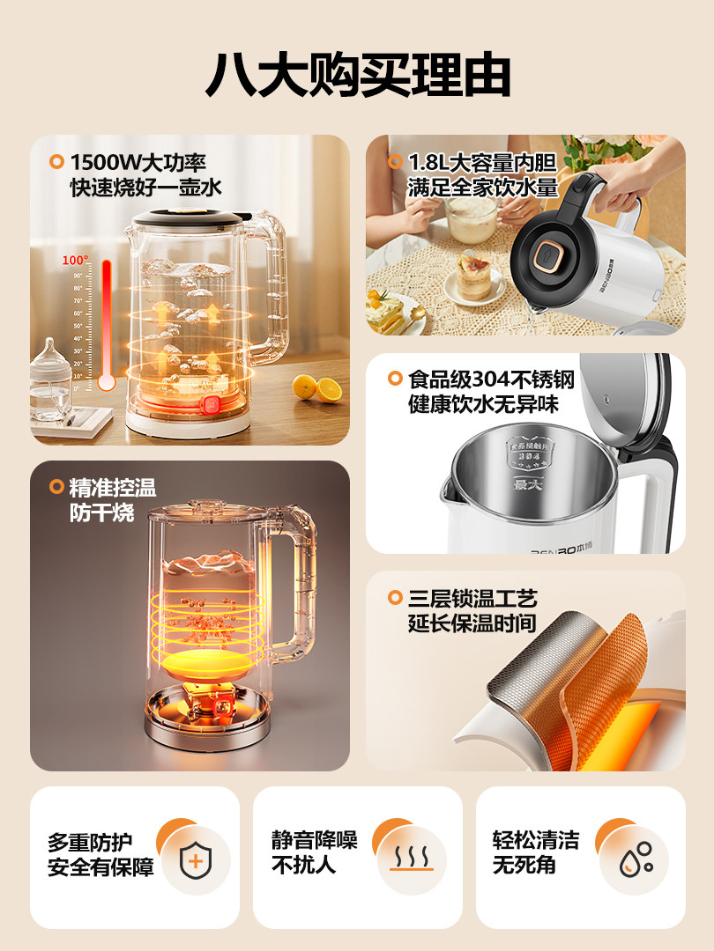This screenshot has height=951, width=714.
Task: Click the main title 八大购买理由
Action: tap(357, 75)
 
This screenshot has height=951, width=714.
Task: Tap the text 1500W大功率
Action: tap(138, 162)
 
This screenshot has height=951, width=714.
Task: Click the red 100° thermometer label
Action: tap(75, 261)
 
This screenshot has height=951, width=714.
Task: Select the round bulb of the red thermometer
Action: tap(107, 382)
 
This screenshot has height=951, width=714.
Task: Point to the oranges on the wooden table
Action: tap(316, 387)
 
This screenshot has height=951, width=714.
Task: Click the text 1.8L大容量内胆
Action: tap(483, 162)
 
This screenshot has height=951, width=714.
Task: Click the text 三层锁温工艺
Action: tap(472, 599)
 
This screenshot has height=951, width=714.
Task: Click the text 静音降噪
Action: tap(314, 840)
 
